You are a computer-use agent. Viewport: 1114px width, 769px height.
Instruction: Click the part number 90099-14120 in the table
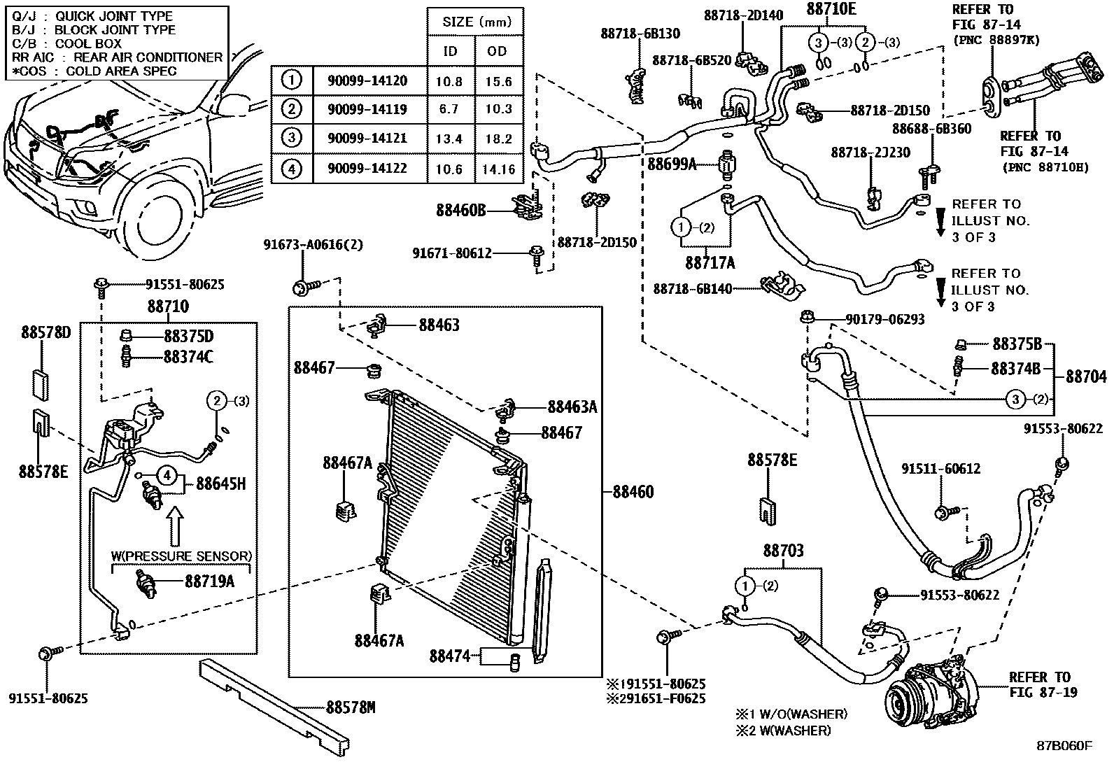(367, 80)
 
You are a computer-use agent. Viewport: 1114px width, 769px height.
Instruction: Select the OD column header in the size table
(497, 51)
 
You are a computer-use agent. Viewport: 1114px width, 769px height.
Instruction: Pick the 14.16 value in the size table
(499, 169)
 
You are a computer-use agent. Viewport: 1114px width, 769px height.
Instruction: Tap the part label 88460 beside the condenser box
(633, 492)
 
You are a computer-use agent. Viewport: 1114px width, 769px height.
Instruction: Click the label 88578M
(351, 707)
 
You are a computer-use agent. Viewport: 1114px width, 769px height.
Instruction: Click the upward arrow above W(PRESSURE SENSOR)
(174, 526)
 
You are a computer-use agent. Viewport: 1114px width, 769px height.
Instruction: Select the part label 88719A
(209, 581)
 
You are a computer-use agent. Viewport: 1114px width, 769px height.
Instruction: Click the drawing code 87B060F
(1064, 746)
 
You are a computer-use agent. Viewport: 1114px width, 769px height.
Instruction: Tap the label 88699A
(672, 164)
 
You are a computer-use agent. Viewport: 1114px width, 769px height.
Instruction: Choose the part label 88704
(1086, 377)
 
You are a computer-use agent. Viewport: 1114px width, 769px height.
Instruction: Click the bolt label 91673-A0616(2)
(313, 245)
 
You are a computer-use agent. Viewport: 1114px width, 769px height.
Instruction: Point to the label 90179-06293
(885, 319)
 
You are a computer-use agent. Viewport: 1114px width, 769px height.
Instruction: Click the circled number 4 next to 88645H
(167, 476)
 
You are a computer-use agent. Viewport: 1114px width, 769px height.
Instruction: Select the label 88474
(449, 656)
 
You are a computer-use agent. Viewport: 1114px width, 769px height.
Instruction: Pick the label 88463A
(572, 407)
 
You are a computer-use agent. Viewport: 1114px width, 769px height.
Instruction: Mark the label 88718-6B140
(692, 289)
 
